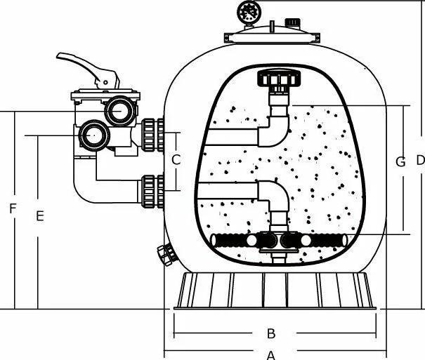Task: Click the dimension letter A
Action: coord(271,355)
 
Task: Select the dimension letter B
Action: coord(271,333)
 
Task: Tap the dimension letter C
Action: coord(176,160)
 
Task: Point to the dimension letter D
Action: coord(420,161)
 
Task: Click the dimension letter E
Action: coord(40,216)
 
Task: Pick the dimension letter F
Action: coord(13,208)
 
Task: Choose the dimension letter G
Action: coord(400,162)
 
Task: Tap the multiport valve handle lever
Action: coord(88,69)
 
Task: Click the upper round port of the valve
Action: coord(120,111)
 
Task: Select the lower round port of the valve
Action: coord(94,135)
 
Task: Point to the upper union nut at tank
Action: coord(152,135)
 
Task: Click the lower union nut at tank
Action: coord(152,192)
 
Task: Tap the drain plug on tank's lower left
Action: coord(166,255)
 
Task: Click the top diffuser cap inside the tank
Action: coord(279,78)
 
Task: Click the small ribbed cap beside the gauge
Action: coord(292,23)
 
